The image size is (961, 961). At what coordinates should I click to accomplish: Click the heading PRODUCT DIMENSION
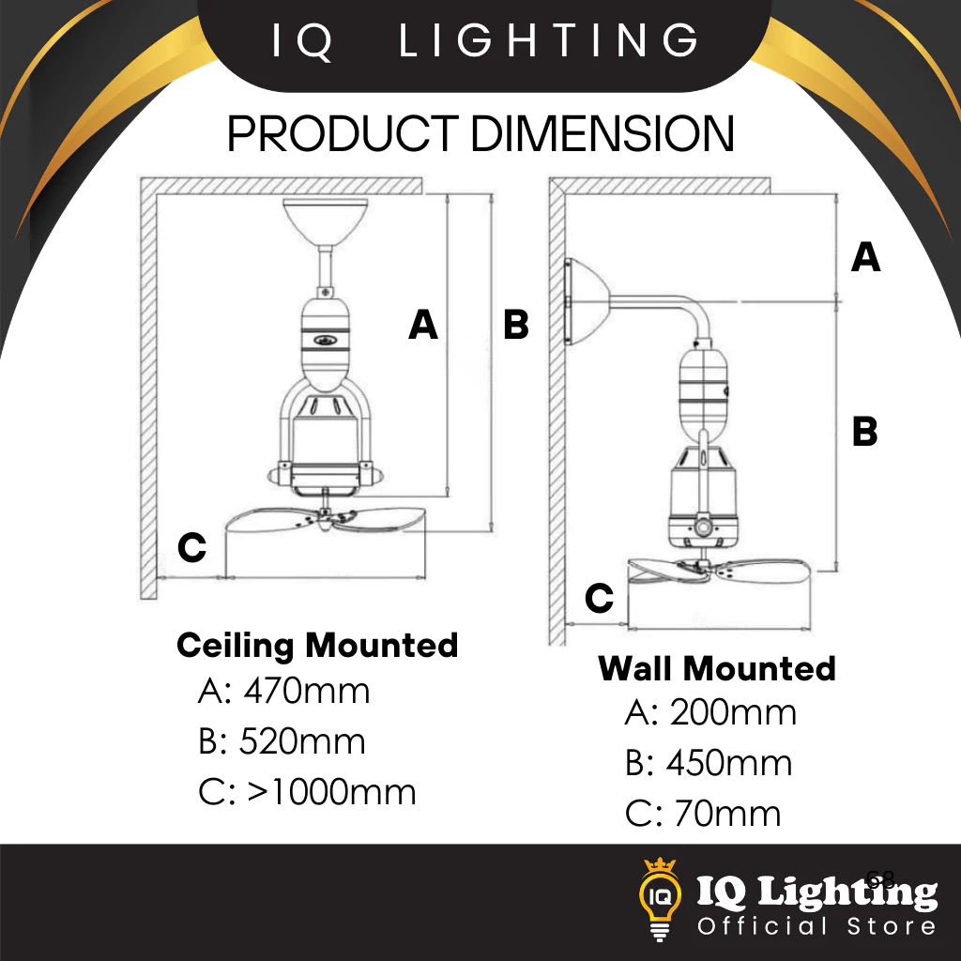click(x=480, y=134)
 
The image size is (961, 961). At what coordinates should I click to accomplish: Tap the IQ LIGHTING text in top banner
click(x=485, y=41)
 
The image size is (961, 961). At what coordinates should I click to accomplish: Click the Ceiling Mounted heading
click(x=317, y=646)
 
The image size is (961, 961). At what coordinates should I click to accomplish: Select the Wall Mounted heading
click(x=717, y=669)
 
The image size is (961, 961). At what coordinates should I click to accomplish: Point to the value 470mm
click(x=307, y=692)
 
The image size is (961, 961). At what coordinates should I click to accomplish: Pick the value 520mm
click(x=302, y=742)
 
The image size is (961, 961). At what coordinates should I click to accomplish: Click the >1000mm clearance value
click(x=332, y=793)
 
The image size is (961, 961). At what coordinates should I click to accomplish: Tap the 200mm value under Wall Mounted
click(x=733, y=714)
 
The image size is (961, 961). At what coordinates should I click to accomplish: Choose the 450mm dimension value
click(x=729, y=764)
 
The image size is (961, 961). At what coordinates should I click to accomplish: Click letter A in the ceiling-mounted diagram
click(x=423, y=325)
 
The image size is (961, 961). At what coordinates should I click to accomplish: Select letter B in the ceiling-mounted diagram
click(x=516, y=325)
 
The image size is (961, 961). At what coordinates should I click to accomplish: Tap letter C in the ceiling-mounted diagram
click(x=191, y=547)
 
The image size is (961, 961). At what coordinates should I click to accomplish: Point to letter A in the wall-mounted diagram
click(x=865, y=257)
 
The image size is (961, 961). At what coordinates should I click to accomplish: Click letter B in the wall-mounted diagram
click(x=864, y=433)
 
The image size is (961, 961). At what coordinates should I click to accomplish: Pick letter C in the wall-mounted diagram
click(x=599, y=598)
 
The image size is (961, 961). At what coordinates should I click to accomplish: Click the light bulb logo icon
click(x=662, y=897)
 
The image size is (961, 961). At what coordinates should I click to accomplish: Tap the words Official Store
click(x=816, y=927)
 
